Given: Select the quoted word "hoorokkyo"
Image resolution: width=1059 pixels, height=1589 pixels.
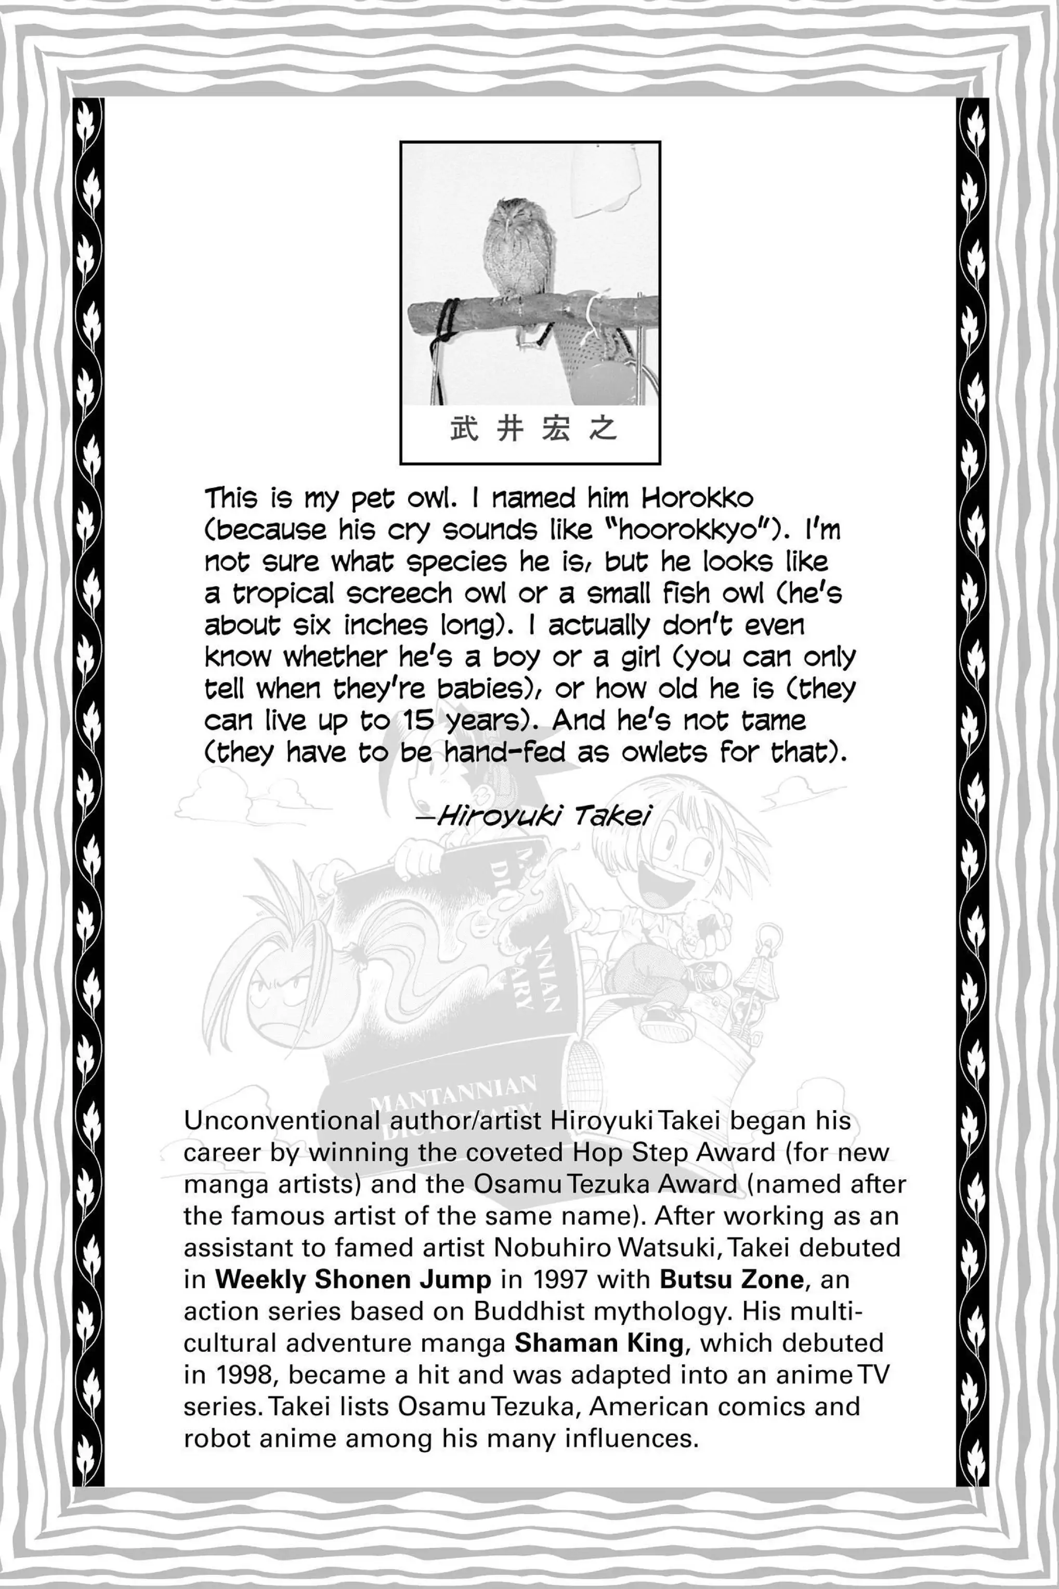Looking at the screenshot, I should coord(698,531).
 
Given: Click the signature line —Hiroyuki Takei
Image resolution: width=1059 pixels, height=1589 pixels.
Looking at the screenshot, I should coord(533,817).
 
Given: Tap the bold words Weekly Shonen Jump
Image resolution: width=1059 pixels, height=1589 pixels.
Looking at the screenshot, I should coord(352,1280).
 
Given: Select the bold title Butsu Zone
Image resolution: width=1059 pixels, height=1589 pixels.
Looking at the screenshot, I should coord(731,1280).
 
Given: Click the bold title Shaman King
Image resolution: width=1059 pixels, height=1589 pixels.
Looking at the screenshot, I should coord(599,1343).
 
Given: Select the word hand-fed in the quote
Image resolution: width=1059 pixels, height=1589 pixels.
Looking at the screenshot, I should coord(504,753).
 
